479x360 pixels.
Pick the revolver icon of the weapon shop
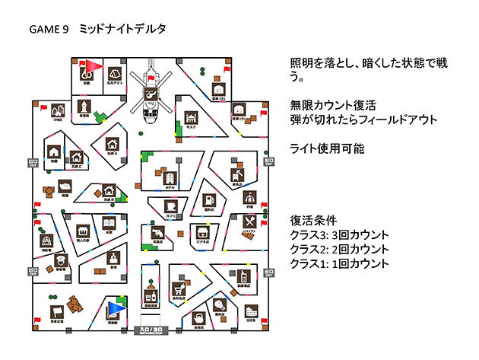(158, 231)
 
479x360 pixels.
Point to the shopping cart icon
(179, 288)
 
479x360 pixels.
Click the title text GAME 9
(49, 30)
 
